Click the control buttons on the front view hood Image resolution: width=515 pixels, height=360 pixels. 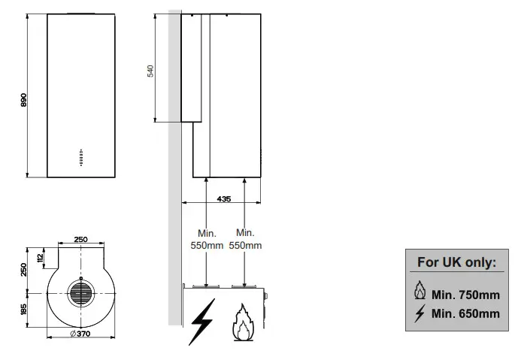[x=80, y=156]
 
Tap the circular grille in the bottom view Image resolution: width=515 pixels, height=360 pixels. [x=81, y=293]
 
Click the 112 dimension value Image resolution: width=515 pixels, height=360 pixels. [x=40, y=257]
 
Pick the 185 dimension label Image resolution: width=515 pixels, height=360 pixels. [x=23, y=309]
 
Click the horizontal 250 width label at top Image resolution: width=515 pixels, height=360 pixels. [x=80, y=239]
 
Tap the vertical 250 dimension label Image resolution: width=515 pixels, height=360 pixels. [x=23, y=268]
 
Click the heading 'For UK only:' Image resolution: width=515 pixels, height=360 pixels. [x=456, y=263]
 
